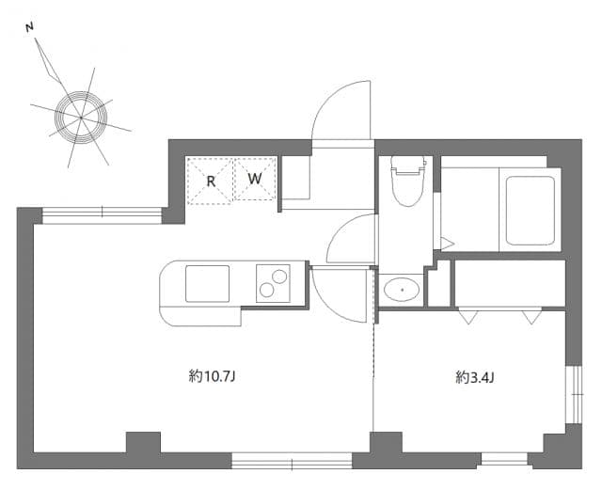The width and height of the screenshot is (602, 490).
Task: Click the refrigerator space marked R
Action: (x=210, y=179)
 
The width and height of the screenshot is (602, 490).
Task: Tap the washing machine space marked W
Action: (x=255, y=178)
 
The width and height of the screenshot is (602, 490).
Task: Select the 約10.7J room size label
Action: (x=212, y=377)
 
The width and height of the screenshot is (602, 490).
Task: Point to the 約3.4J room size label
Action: (x=475, y=377)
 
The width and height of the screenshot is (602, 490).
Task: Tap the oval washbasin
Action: (x=403, y=289)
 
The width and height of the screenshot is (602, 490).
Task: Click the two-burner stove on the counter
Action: (x=273, y=283)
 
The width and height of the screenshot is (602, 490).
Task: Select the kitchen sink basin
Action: (x=207, y=283)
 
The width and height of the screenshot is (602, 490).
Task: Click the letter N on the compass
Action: (x=31, y=27)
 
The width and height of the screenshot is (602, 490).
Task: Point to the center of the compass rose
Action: (x=80, y=117)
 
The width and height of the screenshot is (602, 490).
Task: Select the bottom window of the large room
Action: (x=292, y=461)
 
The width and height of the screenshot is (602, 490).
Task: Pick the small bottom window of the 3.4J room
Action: (x=502, y=460)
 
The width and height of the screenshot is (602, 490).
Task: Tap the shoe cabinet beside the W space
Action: (x=295, y=179)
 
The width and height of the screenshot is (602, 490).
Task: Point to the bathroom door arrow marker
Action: (x=447, y=244)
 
